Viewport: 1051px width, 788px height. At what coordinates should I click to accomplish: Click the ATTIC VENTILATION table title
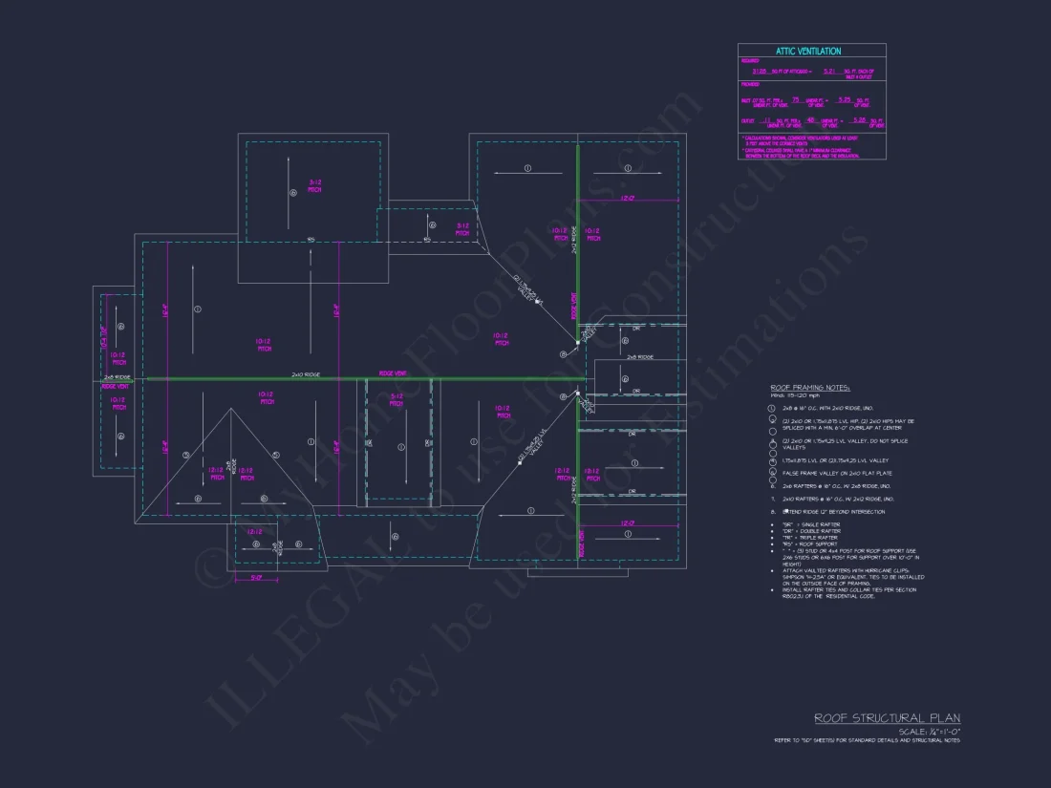(x=811, y=51)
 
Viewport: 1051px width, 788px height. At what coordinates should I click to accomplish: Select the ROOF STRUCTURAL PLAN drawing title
(x=887, y=718)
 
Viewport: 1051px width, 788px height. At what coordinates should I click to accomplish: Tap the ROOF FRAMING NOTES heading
(x=810, y=388)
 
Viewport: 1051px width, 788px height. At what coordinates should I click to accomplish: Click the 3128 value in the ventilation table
(x=761, y=72)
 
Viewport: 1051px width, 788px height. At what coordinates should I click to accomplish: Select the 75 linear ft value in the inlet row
(x=795, y=98)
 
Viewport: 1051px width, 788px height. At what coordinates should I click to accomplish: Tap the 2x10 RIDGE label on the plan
(x=305, y=375)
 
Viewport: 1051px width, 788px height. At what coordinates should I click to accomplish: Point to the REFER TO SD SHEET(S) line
(x=867, y=740)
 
